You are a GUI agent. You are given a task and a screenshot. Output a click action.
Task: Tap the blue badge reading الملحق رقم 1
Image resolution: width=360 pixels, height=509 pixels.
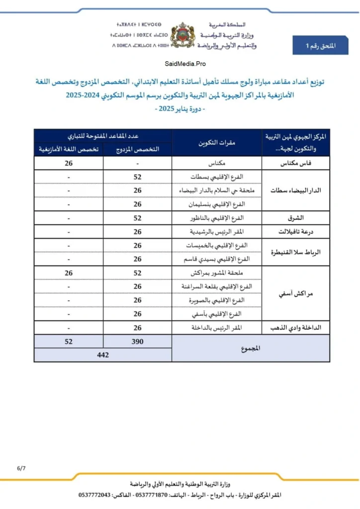(320, 46)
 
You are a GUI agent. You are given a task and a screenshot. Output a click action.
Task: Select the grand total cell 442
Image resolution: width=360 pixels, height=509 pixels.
(103, 355)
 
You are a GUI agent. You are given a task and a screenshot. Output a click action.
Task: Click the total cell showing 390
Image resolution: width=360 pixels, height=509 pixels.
(137, 341)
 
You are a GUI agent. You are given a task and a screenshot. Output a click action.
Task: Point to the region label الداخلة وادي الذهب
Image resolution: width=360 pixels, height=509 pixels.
(296, 328)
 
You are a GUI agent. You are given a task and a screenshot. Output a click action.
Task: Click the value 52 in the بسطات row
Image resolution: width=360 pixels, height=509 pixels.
(137, 177)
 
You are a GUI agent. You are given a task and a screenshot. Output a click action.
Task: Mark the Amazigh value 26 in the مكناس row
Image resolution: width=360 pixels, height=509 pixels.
(69, 163)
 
